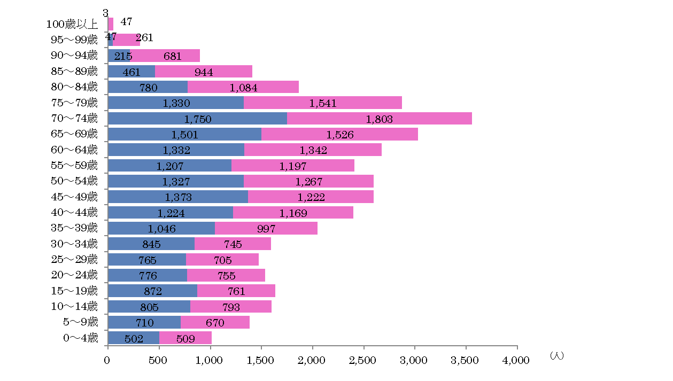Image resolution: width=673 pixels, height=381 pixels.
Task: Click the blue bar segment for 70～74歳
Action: (x=197, y=118)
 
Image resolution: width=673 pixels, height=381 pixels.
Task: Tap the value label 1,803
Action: (x=380, y=119)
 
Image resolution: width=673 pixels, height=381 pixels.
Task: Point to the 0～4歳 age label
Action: (x=81, y=338)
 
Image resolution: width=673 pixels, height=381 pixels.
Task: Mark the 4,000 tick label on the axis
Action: (x=516, y=361)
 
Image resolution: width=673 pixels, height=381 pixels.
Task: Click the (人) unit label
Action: (x=556, y=356)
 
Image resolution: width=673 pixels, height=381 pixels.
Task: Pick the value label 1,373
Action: (x=179, y=197)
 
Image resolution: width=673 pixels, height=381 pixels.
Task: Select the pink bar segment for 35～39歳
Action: (x=266, y=229)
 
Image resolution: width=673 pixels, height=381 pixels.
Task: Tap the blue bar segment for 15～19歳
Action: (x=152, y=291)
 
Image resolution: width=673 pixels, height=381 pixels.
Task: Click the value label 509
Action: (x=186, y=338)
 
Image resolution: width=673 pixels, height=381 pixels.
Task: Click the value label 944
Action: (x=204, y=72)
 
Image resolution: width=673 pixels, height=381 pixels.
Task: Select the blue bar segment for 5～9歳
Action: (x=144, y=323)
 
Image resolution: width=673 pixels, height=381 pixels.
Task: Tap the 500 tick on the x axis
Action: (x=159, y=361)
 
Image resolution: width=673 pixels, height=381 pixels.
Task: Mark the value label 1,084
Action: (x=243, y=88)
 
